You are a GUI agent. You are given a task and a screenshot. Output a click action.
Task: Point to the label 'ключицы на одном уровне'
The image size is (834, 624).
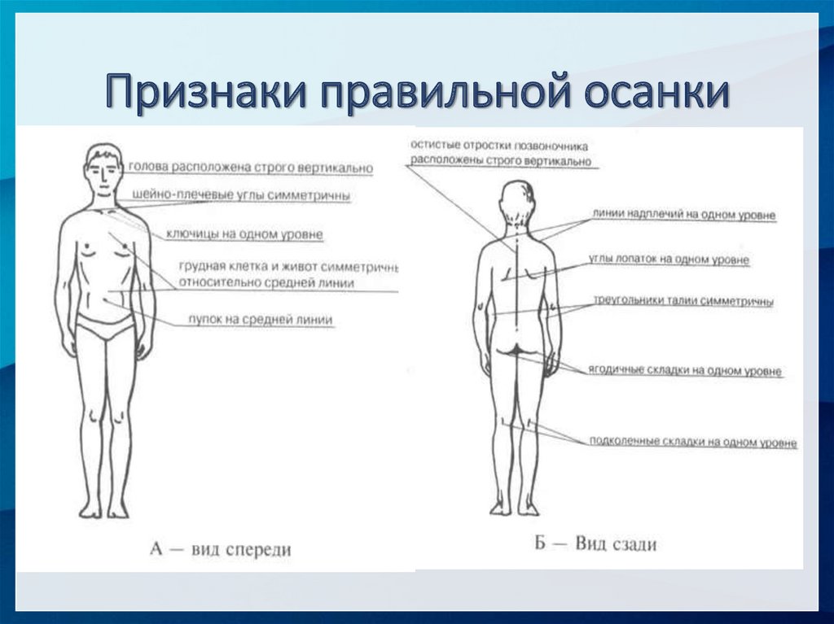[x=244, y=234]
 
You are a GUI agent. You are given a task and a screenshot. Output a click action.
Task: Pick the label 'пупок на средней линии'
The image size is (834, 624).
[x=260, y=320]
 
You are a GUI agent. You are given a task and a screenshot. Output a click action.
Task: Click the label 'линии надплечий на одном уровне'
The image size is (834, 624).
[x=683, y=215]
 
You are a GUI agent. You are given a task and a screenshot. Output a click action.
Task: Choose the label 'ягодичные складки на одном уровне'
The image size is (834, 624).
[x=685, y=371]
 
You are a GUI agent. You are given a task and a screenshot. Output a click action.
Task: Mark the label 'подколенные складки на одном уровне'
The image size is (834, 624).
[x=692, y=443]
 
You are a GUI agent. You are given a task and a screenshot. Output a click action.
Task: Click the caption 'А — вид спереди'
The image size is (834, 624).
[x=221, y=549]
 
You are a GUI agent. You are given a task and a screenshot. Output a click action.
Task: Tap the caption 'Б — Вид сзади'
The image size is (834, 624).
[x=595, y=543]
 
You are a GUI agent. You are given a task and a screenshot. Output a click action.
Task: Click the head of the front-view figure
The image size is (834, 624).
[x=103, y=169]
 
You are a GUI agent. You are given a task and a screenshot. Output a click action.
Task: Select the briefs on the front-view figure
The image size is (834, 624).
[x=105, y=327]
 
